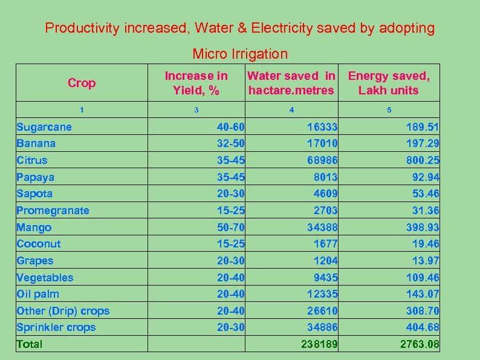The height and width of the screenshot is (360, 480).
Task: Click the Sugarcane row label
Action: pos(44,127)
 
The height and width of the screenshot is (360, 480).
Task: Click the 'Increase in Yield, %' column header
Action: pos(196,83)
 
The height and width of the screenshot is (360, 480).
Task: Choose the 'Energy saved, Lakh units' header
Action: pos(389,83)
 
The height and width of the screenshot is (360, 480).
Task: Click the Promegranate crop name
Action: pos(53,211)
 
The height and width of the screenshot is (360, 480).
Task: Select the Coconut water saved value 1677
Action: pos(326,244)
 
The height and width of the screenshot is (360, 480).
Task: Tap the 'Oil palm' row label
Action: pos(38,294)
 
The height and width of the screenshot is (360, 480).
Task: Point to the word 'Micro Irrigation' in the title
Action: pos(240,54)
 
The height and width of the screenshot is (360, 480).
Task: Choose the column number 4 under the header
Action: pos(292,110)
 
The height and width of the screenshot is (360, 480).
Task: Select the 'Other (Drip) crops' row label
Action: pos(63,311)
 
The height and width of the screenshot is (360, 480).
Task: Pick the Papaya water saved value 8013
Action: pos(326,177)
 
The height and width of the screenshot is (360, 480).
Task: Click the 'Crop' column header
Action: pos(82,83)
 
